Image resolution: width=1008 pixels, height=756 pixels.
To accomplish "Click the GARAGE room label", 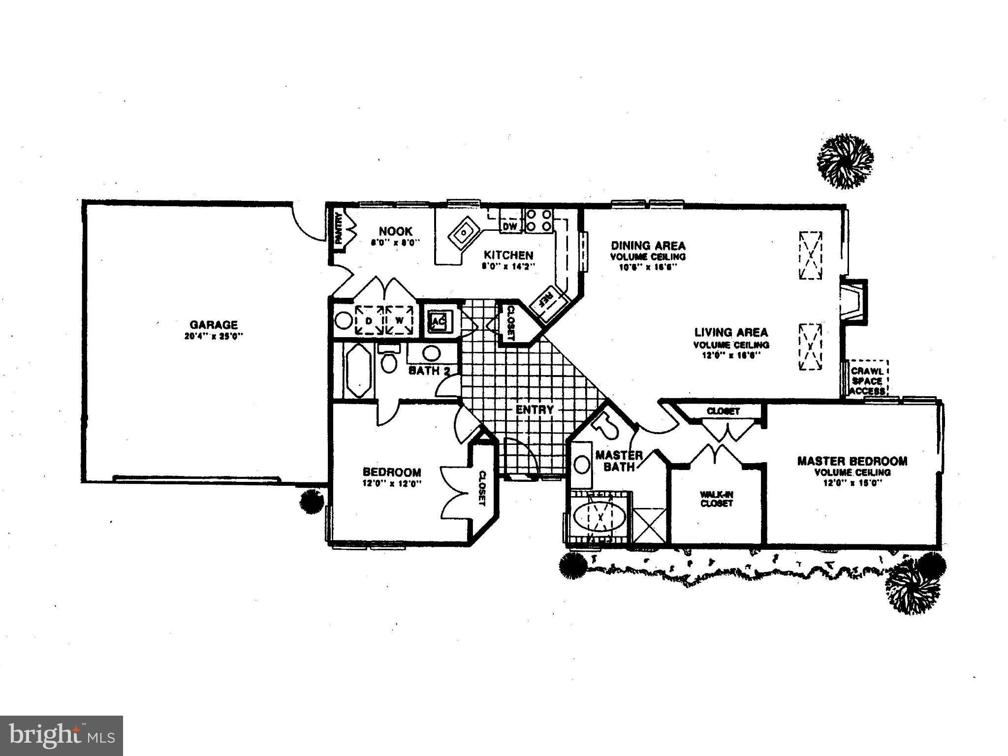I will point(214,325).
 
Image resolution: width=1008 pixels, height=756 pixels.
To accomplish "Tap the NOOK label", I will point(395,231).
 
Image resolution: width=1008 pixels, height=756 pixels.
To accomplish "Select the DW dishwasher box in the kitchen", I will point(510,226).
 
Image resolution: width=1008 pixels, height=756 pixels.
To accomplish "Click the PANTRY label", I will point(339,228).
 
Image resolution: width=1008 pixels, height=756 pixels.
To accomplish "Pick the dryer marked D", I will point(369,320).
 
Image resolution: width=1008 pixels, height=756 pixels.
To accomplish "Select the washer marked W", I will point(399,320).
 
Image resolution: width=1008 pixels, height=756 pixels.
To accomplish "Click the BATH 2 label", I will point(429,371).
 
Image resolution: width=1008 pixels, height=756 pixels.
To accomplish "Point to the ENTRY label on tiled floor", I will point(535,409).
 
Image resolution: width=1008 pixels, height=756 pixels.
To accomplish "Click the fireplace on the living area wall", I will point(852,301).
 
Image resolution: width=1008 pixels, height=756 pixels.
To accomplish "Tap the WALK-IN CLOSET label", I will point(717,499).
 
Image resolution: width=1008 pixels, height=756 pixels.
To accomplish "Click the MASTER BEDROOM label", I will point(852,461).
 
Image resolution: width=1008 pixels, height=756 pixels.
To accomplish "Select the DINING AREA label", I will point(648,245).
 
